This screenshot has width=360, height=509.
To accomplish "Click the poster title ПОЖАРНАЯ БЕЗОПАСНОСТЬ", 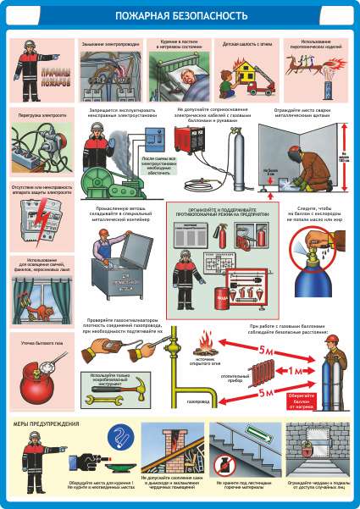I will coord(180,15).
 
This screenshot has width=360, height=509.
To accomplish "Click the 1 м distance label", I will coord(296,370).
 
